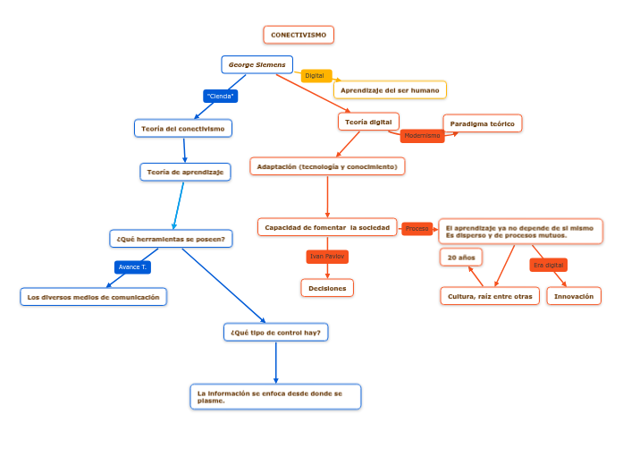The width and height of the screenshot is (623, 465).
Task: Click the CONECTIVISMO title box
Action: [x=299, y=35]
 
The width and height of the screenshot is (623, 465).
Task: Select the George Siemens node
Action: [x=257, y=64]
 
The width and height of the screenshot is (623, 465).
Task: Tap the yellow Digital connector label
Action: [x=316, y=76]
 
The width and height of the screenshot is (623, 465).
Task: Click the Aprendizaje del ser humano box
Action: [x=390, y=90]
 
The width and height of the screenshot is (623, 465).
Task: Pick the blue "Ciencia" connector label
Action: [x=220, y=96]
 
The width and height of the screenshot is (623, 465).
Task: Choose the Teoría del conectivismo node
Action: [x=183, y=129]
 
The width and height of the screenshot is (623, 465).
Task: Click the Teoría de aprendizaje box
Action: [x=186, y=172]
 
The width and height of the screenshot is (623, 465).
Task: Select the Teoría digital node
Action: [x=368, y=122]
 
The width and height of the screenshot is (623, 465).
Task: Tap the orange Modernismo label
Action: [x=422, y=136]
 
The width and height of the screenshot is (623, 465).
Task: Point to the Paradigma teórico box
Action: [x=483, y=123]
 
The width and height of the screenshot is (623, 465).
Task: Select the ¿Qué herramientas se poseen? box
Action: [x=171, y=239]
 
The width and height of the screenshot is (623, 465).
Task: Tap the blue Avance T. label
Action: [x=132, y=266]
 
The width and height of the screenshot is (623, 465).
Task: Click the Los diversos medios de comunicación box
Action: [x=94, y=297]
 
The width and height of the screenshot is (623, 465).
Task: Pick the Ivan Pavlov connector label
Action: [x=326, y=257]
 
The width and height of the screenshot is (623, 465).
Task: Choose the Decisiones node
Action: [x=327, y=288]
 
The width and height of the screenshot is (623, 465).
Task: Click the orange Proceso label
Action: [x=417, y=229]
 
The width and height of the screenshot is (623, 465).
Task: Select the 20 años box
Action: [x=461, y=258]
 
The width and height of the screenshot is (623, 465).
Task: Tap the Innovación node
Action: [x=574, y=296]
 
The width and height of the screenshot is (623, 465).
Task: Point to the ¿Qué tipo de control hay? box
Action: [x=275, y=333]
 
